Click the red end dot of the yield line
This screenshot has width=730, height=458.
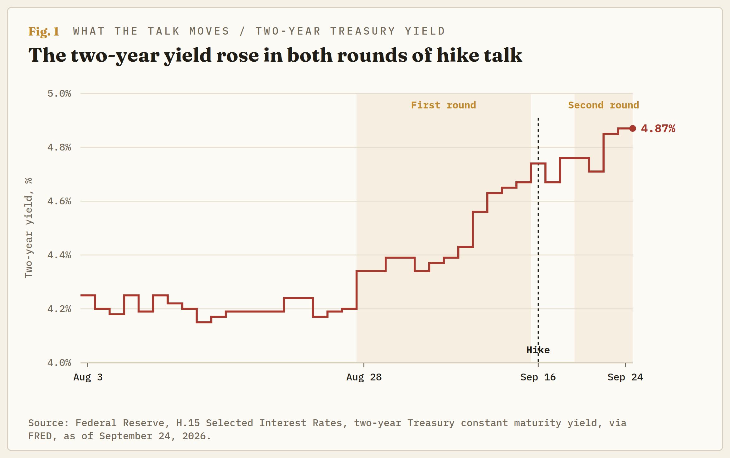632,128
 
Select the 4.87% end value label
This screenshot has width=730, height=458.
658,128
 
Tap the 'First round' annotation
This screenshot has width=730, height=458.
443,105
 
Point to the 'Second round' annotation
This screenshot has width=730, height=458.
603,105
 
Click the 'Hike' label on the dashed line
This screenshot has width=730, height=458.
538,350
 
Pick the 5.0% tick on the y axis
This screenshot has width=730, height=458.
59,93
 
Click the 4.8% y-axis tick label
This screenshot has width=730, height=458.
59,147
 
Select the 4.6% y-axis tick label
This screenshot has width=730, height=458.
59,201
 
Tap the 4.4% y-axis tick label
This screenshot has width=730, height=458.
59,255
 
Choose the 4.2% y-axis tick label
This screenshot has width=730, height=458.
59,309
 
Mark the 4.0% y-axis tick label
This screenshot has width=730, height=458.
59,363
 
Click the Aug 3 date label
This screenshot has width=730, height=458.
88,377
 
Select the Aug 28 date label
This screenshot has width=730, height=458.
364,377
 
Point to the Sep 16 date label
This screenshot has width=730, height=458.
538,377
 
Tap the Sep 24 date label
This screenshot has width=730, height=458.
625,377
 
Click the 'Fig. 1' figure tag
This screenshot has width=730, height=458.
44,31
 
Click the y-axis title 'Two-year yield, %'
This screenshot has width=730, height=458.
29,228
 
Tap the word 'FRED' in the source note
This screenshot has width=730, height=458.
40,436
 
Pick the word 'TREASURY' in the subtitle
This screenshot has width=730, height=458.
363,31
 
